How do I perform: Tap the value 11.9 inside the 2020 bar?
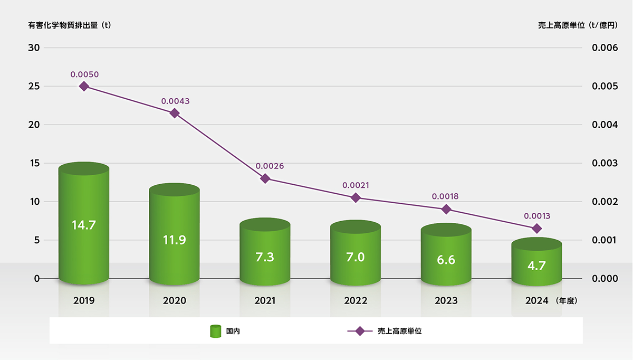(x=175, y=240)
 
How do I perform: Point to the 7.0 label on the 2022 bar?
(x=356, y=257)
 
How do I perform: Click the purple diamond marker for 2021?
(x=265, y=178)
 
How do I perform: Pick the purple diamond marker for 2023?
(x=446, y=209)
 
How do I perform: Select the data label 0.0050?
(x=84, y=74)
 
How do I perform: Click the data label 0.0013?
(x=537, y=216)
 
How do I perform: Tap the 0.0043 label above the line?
(x=175, y=101)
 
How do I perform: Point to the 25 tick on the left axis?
(x=34, y=86)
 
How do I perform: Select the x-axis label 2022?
(x=356, y=301)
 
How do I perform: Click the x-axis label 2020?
(x=175, y=301)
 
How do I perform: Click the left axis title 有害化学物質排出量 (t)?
(x=69, y=24)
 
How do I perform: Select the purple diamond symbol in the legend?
(x=360, y=331)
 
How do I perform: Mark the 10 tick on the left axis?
(x=34, y=202)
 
